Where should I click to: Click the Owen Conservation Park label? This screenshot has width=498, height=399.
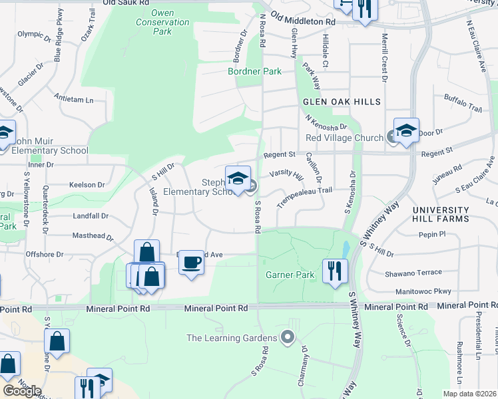[x=171, y=22]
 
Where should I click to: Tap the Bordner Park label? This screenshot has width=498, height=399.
[x=254, y=71]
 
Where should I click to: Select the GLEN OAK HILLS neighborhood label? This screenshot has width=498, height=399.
[x=342, y=102]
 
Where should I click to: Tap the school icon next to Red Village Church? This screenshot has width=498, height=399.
[x=406, y=131]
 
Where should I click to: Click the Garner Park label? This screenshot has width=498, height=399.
[x=290, y=274]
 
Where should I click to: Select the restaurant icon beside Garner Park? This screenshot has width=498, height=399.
[x=335, y=271]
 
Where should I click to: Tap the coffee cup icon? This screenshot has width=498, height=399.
[x=191, y=262]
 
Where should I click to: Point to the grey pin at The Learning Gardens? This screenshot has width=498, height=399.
[x=288, y=338]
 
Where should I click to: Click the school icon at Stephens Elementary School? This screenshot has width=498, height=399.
[x=238, y=178]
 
